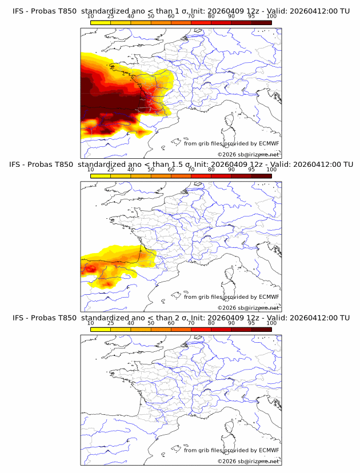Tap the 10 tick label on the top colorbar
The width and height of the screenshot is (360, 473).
click(x=91, y=17)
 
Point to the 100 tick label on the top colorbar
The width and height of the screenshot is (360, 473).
click(x=271, y=17)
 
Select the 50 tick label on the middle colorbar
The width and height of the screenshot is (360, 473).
click(x=151, y=170)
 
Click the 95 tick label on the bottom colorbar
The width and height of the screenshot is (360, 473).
click(x=251, y=323)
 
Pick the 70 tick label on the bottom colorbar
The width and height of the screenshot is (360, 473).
click(x=191, y=323)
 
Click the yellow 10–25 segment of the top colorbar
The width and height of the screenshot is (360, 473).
click(x=101, y=23)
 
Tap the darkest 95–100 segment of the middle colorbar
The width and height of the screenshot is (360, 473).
click(x=262, y=176)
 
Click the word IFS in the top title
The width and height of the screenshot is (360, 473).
click(x=18, y=11)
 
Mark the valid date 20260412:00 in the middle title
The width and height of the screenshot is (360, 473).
click(x=311, y=164)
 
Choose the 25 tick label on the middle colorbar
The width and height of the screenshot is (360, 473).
click(x=111, y=170)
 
